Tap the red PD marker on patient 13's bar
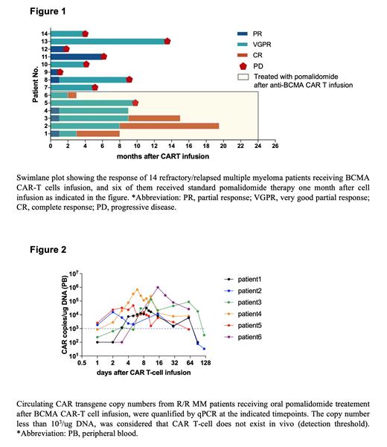167,41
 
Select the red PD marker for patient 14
85,33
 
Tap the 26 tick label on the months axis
275,147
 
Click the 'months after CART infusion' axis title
162,156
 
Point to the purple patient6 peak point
158,287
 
